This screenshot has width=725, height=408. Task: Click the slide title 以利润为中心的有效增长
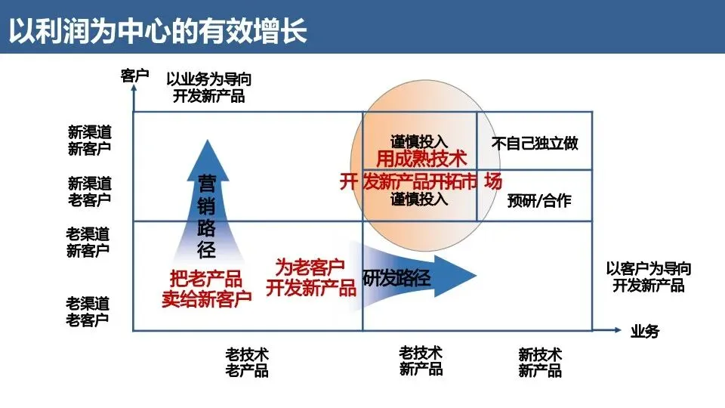pyautogui.click(x=159, y=30)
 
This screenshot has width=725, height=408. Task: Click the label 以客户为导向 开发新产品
pyautogui.click(x=648, y=277)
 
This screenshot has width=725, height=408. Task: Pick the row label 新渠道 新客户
pyautogui.click(x=89, y=140)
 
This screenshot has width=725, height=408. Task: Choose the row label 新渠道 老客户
pyautogui.click(x=89, y=191)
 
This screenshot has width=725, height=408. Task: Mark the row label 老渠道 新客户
pyautogui.click(x=88, y=242)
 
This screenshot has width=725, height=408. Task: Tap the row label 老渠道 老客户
pyautogui.click(x=88, y=311)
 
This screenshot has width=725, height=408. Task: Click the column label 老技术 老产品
pyautogui.click(x=247, y=363)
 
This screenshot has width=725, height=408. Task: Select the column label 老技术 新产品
pyautogui.click(x=421, y=361)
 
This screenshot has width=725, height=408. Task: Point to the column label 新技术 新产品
pyautogui.click(x=540, y=363)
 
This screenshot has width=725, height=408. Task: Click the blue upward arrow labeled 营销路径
pyautogui.click(x=206, y=204)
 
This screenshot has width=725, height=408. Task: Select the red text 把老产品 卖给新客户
pyautogui.click(x=206, y=288)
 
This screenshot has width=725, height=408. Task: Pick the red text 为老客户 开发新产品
pyautogui.click(x=310, y=277)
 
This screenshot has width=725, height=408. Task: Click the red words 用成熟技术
pyautogui.click(x=421, y=159)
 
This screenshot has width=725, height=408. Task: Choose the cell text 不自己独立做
pyautogui.click(x=535, y=143)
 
